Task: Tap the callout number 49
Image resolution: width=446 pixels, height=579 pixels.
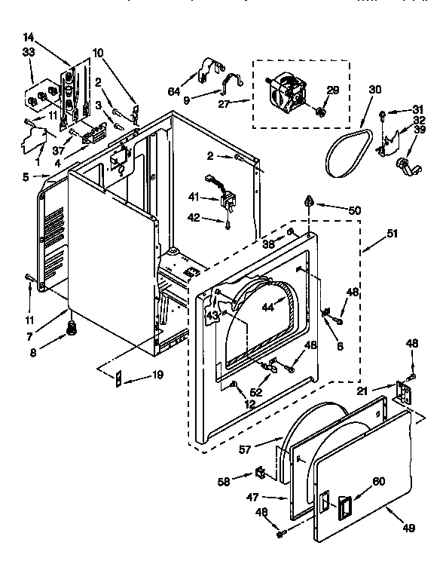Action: (408, 528)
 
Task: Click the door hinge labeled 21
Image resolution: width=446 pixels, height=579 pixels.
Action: (405, 392)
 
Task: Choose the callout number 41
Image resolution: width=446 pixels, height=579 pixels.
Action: (194, 197)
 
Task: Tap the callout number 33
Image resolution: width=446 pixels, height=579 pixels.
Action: (30, 51)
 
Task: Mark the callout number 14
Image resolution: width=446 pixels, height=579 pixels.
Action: (29, 36)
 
